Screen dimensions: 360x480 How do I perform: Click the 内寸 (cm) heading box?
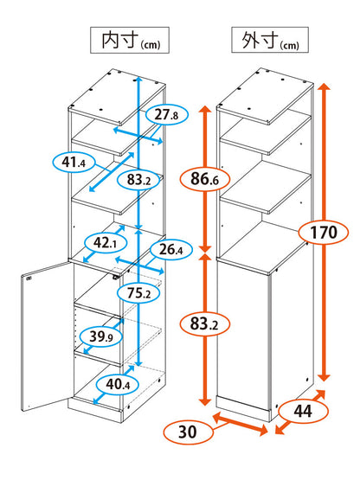click(130, 40)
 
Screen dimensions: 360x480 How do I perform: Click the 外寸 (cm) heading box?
click(270, 40)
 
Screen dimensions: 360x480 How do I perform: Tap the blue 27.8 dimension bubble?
click(166, 115)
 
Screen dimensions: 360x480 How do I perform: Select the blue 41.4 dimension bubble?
click(74, 162)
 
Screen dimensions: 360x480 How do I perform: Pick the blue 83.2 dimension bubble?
click(138, 180)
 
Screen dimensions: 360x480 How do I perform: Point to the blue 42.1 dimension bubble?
click(105, 243)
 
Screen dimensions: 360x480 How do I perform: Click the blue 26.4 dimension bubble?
click(171, 250)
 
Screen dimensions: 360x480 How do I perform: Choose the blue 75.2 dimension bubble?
click(138, 293)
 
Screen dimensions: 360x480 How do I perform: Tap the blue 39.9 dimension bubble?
click(101, 337)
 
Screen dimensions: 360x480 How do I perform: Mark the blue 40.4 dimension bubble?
click(118, 384)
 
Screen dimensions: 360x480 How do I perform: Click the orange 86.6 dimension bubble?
click(205, 179)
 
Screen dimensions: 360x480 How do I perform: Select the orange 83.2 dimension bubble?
click(205, 323)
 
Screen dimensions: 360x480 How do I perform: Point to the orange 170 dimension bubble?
click(324, 233)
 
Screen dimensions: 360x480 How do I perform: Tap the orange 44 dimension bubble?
click(303, 411)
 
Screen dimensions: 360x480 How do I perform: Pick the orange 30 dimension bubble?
click(188, 432)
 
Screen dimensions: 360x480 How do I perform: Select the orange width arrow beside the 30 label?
click(241, 424)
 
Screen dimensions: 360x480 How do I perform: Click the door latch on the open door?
click(29, 278)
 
